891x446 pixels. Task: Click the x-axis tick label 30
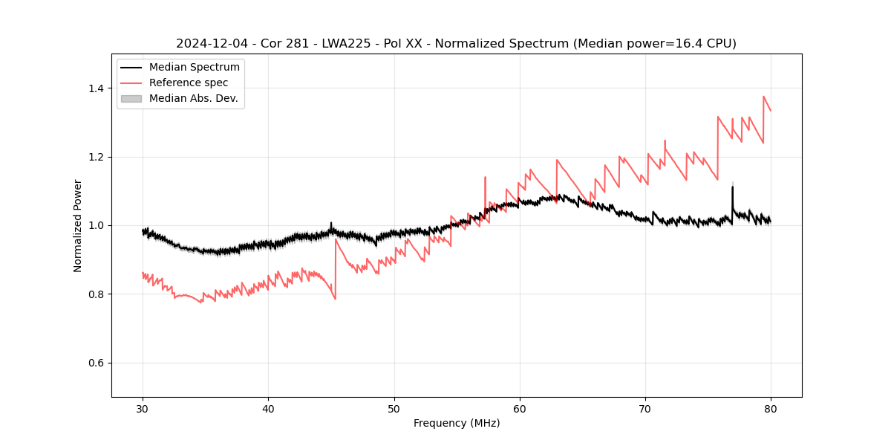pyautogui.click(x=143, y=409)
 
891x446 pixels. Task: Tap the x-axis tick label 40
pyautogui.click(x=268, y=409)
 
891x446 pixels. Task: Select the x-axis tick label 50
pyautogui.click(x=394, y=409)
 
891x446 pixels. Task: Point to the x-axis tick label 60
pyautogui.click(x=520, y=409)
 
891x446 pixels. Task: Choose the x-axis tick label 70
pyautogui.click(x=645, y=409)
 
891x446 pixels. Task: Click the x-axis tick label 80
pyautogui.click(x=771, y=409)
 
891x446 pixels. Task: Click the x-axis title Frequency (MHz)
pyautogui.click(x=457, y=423)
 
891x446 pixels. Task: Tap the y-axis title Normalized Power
pyautogui.click(x=78, y=225)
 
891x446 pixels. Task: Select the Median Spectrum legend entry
pyautogui.click(x=194, y=68)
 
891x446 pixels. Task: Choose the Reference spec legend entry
pyautogui.click(x=189, y=83)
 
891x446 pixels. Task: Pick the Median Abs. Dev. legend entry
pyautogui.click(x=193, y=98)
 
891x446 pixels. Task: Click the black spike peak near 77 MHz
pyautogui.click(x=732, y=187)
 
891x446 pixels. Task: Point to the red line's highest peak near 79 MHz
pyautogui.click(x=763, y=97)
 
